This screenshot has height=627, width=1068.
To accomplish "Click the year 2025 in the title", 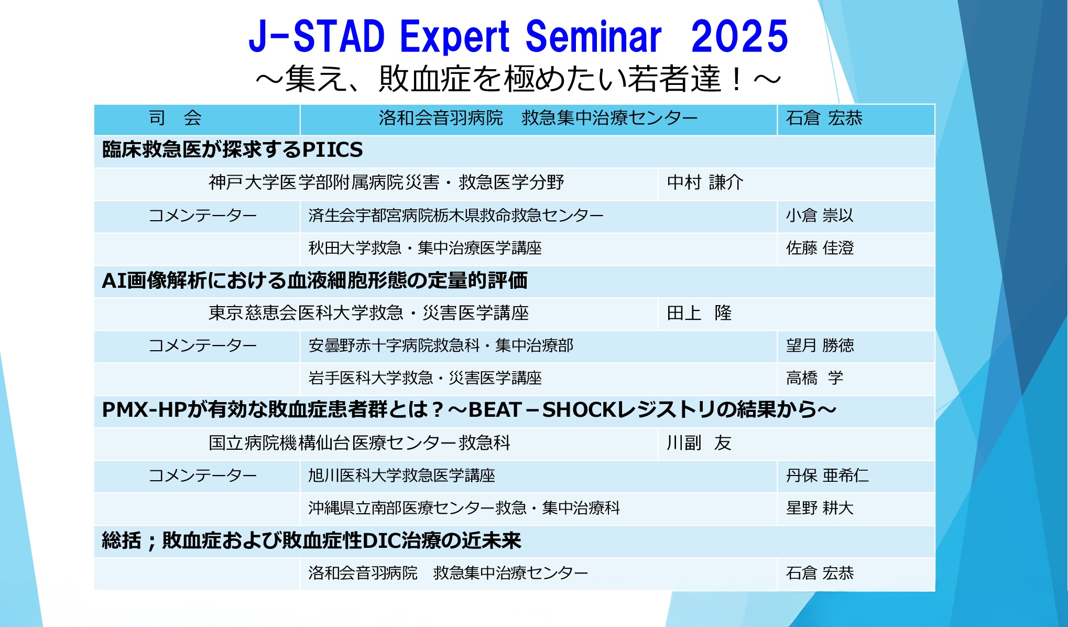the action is (x=739, y=36).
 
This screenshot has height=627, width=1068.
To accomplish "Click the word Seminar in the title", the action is (x=593, y=36).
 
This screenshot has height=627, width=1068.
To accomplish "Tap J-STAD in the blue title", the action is (x=317, y=36).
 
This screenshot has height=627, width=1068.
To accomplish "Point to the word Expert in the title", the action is (x=455, y=37).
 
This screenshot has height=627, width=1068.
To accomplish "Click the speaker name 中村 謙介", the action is (x=705, y=182).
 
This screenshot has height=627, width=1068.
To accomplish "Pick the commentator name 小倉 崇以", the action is (x=820, y=215).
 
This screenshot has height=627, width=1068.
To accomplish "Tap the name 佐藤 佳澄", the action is (x=820, y=247).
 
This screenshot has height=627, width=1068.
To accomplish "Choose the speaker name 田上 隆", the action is (x=699, y=313).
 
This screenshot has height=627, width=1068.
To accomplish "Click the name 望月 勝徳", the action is (x=820, y=345).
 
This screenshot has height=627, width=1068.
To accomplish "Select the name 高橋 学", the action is (x=814, y=377).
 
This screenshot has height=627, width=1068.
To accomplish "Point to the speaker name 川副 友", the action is (x=699, y=443).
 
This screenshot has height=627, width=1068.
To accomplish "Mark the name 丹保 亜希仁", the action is (x=827, y=475).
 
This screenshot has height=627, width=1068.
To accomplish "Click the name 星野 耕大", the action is (x=820, y=507).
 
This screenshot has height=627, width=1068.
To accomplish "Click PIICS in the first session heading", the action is (x=332, y=150).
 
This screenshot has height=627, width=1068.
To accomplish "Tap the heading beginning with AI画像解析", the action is (x=314, y=280).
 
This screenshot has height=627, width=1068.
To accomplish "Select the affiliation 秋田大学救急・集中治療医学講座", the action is (x=425, y=247).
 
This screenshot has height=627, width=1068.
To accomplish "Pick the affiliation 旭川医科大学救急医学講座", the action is (x=401, y=475).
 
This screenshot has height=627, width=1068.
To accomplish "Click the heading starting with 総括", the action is (x=311, y=540).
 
